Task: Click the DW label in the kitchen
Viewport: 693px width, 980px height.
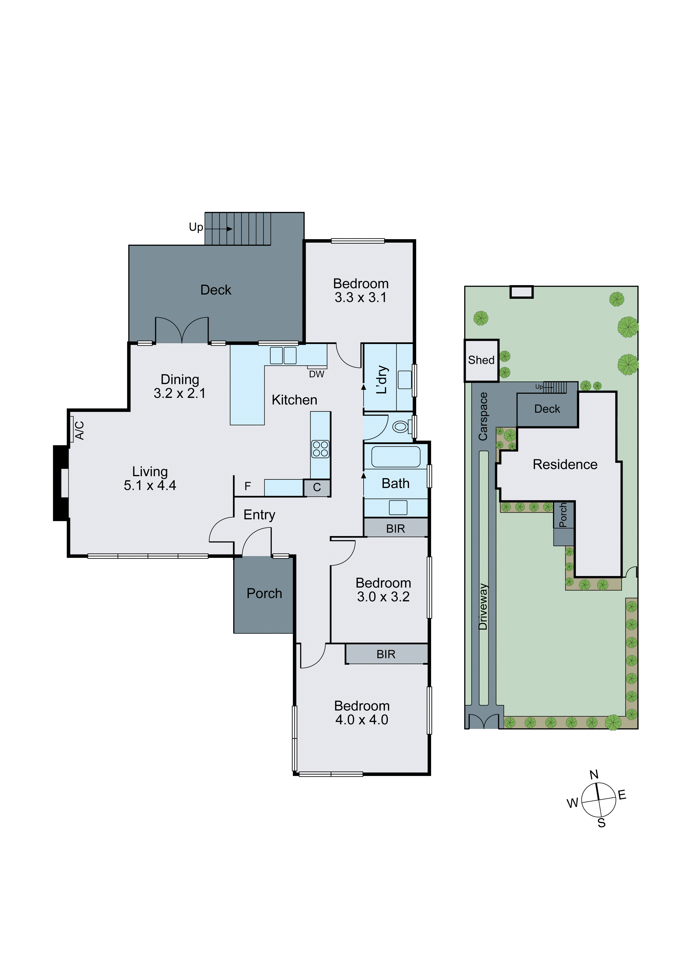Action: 317,374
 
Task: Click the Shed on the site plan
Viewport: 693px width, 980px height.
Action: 481,360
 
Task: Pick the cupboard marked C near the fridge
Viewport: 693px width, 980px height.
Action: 317,487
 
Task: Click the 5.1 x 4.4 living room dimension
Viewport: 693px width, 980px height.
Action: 150,485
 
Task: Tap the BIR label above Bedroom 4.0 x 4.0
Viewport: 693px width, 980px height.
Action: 386,654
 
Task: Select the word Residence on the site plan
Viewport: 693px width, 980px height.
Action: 565,464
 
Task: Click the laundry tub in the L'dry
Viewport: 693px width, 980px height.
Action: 404,379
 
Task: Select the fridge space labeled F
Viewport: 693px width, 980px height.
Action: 247,486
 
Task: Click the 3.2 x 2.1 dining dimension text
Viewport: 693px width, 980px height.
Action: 180,393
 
